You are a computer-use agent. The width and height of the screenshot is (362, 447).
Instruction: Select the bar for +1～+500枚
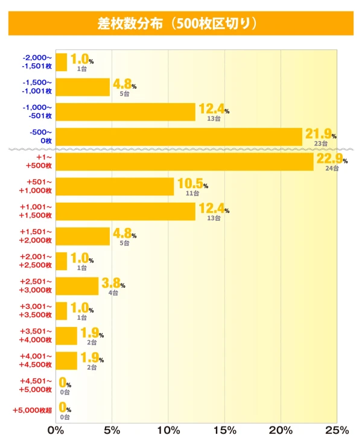click(x=184, y=162)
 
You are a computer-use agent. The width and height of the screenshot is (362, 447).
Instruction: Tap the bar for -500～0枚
click(x=179, y=137)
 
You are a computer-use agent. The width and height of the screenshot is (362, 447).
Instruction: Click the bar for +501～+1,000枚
click(x=115, y=186)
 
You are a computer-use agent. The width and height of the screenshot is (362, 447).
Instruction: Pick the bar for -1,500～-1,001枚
click(x=83, y=87)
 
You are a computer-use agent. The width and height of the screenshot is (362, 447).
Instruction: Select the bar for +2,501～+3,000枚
click(x=77, y=286)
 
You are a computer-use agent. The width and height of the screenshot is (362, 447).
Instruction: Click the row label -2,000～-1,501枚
click(x=36, y=62)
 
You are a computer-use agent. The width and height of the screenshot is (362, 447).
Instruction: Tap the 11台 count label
click(x=192, y=193)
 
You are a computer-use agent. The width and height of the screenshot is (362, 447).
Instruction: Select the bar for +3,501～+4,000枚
click(x=66, y=335)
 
